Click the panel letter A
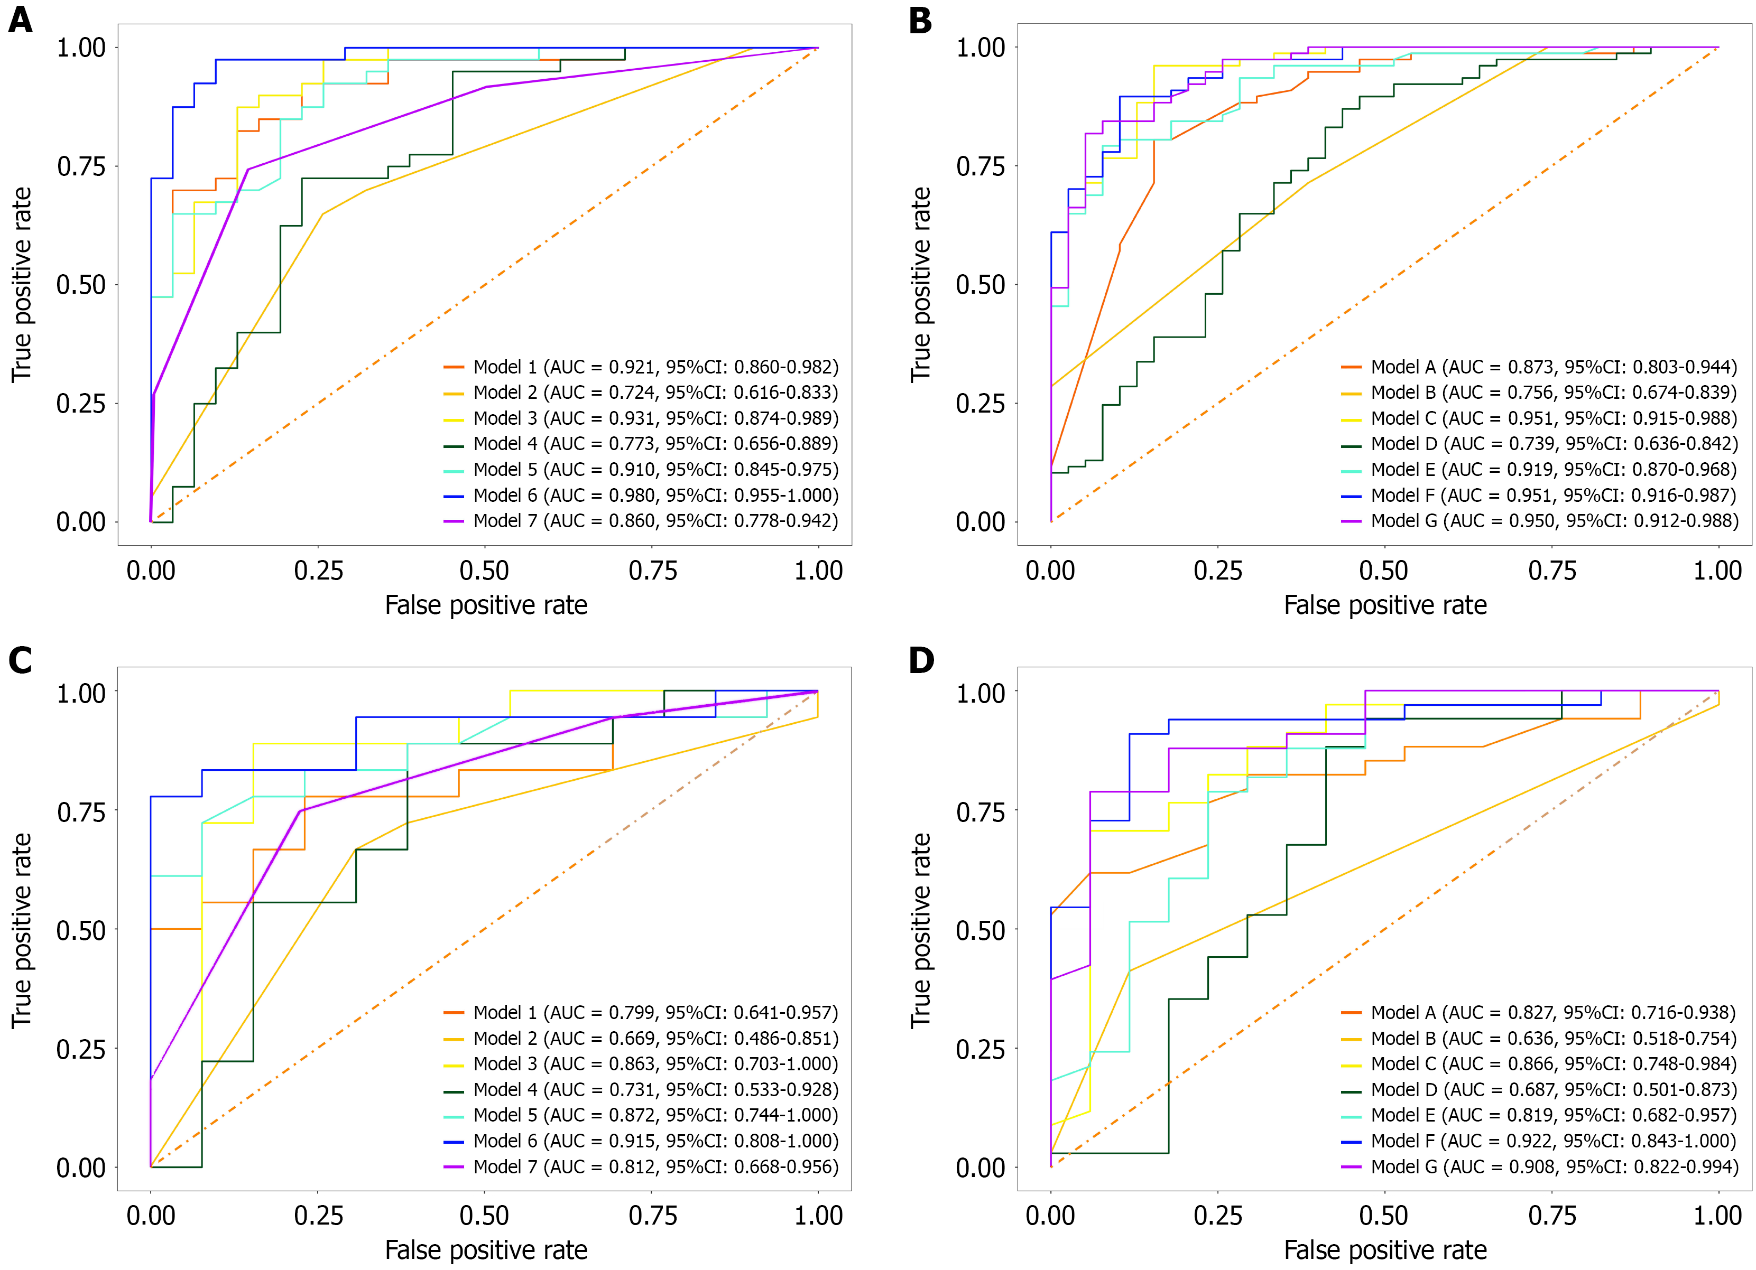click(21, 20)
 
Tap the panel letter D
click(921, 660)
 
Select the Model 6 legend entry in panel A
click(641, 496)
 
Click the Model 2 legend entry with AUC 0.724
click(641, 393)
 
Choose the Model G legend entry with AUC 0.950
click(1539, 521)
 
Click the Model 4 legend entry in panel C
click(641, 1090)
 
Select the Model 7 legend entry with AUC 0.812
click(641, 1166)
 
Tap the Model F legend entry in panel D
click(1539, 1141)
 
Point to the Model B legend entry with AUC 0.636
click(1539, 1039)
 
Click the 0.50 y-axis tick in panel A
click(81, 285)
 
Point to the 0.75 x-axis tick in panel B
click(1551, 571)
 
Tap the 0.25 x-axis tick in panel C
click(318, 1216)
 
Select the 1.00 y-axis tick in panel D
click(981, 693)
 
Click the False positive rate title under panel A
click(486, 605)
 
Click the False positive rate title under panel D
click(1385, 1250)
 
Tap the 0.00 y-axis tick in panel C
click(81, 1168)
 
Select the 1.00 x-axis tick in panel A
click(818, 571)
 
